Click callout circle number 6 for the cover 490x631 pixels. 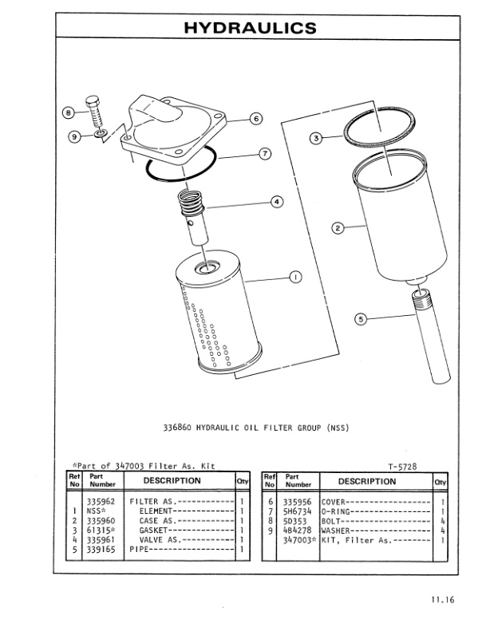click(255, 119)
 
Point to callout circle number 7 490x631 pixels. click(265, 152)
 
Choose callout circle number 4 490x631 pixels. click(277, 202)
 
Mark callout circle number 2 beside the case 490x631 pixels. click(338, 228)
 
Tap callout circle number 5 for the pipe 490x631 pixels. click(361, 320)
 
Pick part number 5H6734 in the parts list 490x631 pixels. click(298, 511)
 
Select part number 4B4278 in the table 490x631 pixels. click(298, 530)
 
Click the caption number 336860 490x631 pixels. click(180, 427)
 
